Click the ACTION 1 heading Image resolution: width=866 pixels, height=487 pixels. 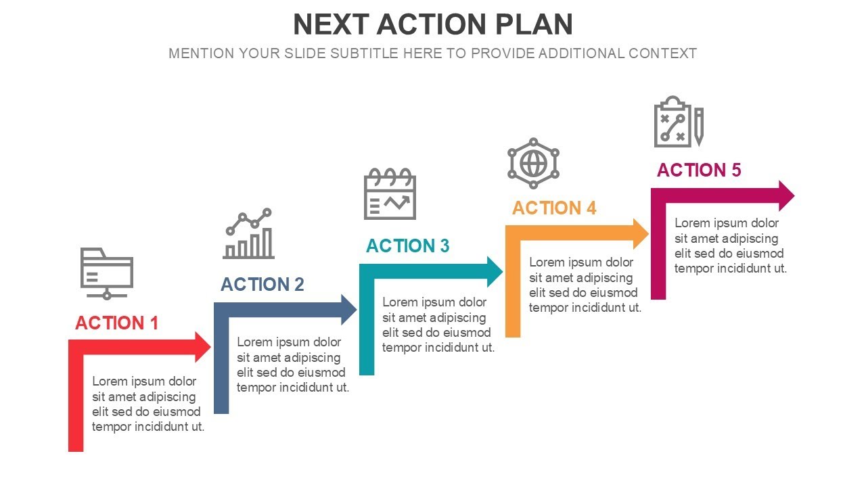[116, 323]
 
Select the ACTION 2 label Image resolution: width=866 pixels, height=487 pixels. [263, 285]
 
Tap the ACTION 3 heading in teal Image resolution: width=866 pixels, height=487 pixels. [407, 246]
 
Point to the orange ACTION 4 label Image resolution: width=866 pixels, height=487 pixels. [554, 208]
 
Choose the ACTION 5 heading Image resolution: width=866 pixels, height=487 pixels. [699, 170]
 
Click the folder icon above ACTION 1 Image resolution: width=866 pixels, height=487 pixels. [107, 273]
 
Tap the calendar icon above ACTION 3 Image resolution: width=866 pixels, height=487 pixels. [390, 194]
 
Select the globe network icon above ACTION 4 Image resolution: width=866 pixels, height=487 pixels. [533, 163]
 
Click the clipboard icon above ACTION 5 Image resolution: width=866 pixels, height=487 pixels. [673, 122]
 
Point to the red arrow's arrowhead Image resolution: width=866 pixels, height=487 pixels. [204, 347]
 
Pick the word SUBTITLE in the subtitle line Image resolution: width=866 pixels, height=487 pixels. [364, 53]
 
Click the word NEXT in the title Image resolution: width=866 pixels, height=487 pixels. [331, 25]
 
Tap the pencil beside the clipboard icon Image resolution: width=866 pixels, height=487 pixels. [698, 126]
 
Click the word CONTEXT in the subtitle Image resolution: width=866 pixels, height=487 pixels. [662, 53]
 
